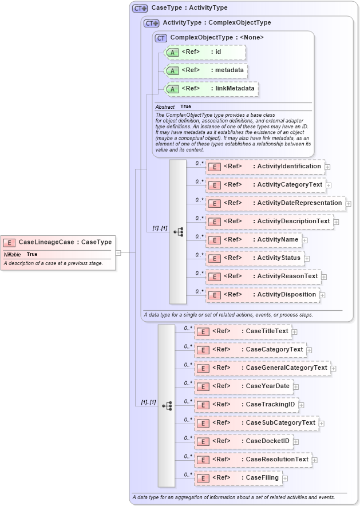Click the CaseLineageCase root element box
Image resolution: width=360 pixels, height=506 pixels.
pyautogui.click(x=57, y=242)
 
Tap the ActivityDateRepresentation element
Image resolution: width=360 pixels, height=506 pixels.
pyautogui.click(x=275, y=203)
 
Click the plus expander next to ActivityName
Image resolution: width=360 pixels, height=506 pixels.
pyautogui.click(x=305, y=240)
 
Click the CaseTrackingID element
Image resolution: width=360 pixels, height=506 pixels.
pyautogui.click(x=246, y=405)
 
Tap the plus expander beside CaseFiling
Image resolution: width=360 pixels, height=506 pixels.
pyautogui.click(x=285, y=478)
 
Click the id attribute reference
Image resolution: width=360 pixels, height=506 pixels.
pyautogui.click(x=205, y=52)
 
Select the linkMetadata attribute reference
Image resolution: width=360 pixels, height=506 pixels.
pyautogui.click(x=211, y=89)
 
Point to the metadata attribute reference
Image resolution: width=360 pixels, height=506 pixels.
pyautogui.click(x=206, y=70)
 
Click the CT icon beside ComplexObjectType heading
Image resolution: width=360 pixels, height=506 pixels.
pyautogui.click(x=161, y=38)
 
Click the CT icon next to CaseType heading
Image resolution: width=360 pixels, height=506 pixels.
pyautogui.click(x=140, y=8)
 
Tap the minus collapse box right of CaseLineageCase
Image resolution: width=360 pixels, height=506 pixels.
pyautogui.click(x=118, y=252)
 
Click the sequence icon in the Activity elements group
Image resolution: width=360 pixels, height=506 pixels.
pyautogui.click(x=178, y=232)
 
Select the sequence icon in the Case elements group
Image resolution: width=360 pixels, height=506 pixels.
pyautogui.click(x=167, y=405)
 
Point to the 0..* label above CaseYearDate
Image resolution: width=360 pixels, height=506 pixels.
pyautogui.click(x=188, y=383)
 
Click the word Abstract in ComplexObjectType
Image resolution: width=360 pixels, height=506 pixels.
pyautogui.click(x=165, y=107)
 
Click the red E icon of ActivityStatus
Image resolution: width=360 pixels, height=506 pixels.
pyautogui.click(x=214, y=258)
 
